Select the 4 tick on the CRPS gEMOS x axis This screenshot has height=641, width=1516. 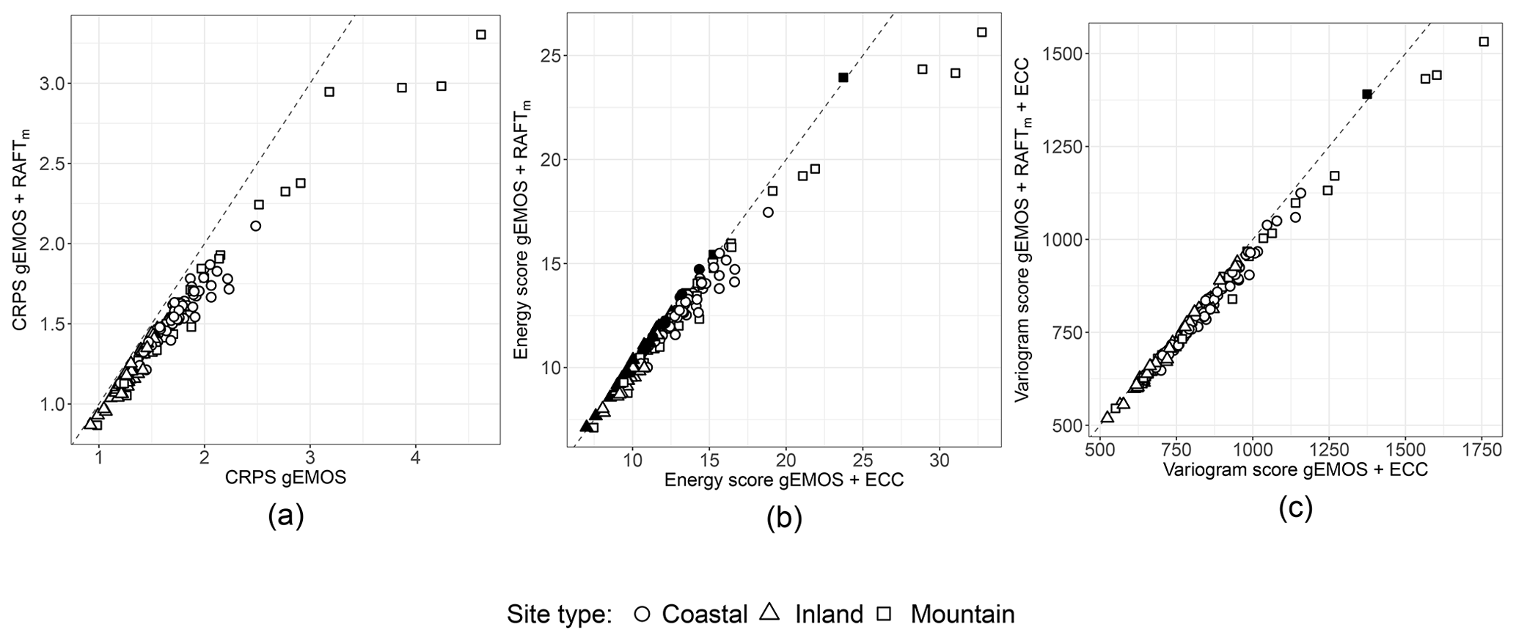coord(416,457)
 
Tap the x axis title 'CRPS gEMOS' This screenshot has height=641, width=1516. coord(285,478)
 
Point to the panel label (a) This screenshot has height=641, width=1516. coord(285,516)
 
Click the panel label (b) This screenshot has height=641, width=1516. coord(783,519)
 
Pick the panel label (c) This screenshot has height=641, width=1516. coord(1295,508)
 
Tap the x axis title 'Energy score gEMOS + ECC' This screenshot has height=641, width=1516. coord(783,480)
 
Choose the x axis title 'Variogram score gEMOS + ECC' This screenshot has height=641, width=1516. coord(1295,469)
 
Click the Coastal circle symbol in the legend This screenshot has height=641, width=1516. coord(642,614)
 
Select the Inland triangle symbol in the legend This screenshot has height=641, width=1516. coord(769,612)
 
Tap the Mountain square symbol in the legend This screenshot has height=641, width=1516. coord(885,614)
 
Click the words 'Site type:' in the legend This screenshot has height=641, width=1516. coord(559,615)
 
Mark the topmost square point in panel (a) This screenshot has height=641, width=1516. coord(481,34)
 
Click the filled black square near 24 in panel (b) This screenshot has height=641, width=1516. coord(843,77)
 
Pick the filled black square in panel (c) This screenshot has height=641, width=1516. coord(1367,94)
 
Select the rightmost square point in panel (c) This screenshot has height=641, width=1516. coord(1484,42)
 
